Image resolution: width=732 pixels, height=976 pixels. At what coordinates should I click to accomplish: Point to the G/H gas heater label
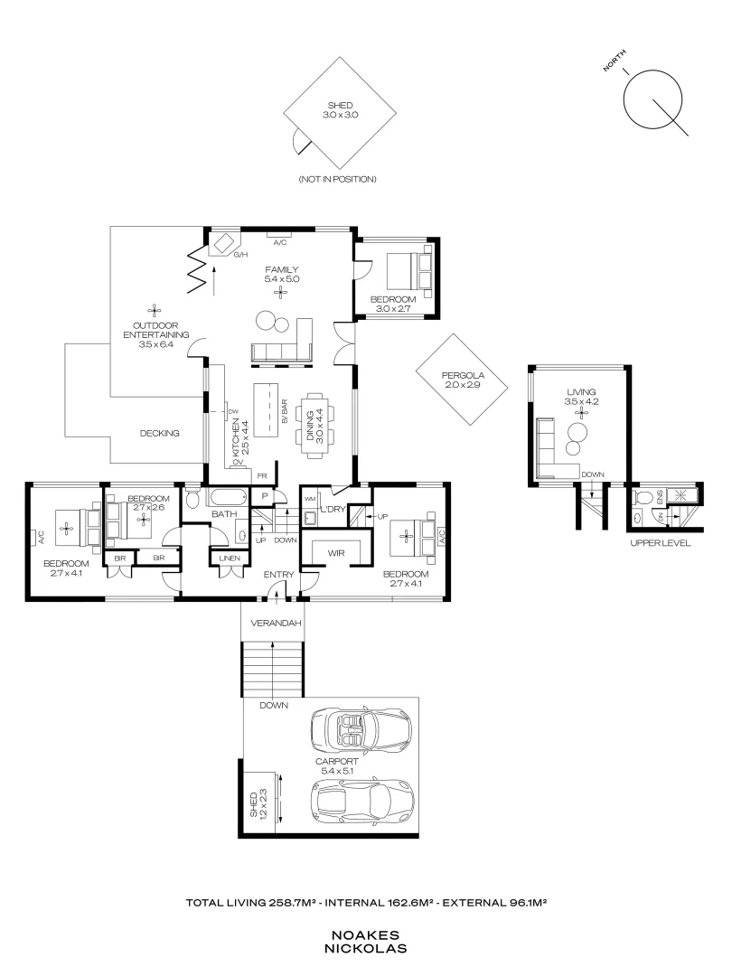(240, 256)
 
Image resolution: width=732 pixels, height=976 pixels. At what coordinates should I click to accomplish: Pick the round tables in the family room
(270, 322)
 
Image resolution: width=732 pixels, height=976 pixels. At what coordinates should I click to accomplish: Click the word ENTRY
(276, 575)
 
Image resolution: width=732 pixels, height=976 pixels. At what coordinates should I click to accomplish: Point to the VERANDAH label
(271, 623)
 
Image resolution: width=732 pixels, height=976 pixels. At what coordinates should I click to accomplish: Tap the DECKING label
(160, 433)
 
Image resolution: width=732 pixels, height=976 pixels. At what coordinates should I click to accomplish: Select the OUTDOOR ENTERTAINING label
(155, 334)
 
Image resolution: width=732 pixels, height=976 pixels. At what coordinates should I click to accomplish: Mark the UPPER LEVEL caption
(660, 544)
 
